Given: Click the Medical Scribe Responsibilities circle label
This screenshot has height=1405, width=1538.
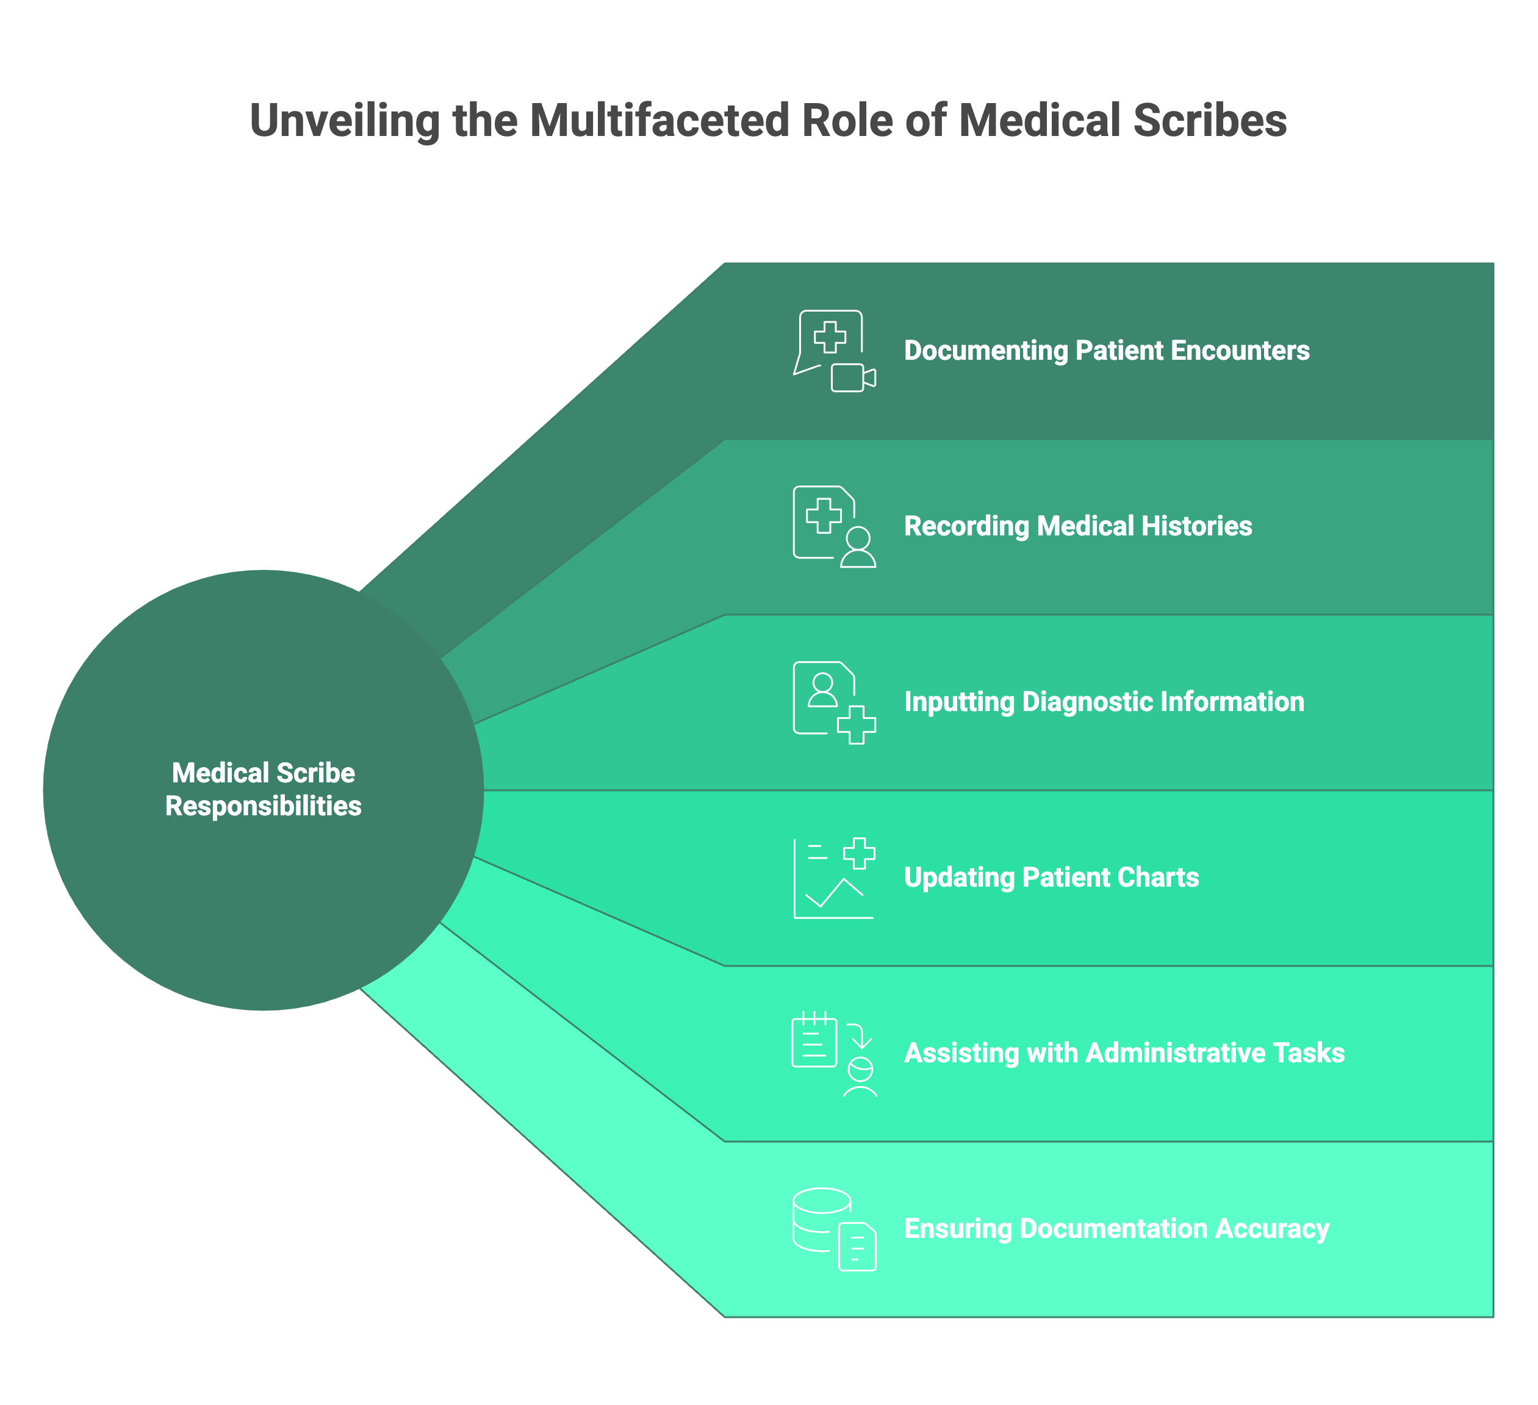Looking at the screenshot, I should (x=263, y=790).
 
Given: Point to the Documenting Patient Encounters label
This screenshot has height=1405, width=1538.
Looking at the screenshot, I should (x=1106, y=350).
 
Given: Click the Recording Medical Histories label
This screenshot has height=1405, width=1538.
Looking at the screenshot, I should (x=1077, y=526).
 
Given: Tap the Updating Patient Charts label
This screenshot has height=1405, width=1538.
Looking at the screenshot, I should (x=1051, y=877).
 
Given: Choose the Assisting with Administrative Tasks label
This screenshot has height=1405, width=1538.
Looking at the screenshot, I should (x=1124, y=1053).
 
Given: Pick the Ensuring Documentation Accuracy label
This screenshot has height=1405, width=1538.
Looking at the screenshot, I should (x=1116, y=1229).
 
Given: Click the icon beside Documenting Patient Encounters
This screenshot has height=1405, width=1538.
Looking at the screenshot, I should (x=834, y=351).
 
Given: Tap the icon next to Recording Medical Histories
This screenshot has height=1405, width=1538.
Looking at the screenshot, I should (x=834, y=526).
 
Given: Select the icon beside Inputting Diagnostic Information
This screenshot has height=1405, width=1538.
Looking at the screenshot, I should (x=834, y=702).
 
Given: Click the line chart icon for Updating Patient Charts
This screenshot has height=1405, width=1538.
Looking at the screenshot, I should (x=833, y=879).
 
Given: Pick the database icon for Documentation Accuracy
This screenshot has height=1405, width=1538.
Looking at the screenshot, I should (x=822, y=1219).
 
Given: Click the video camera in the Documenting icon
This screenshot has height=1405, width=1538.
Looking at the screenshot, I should (x=852, y=377).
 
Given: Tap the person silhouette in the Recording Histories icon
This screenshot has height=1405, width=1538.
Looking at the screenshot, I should (x=858, y=547).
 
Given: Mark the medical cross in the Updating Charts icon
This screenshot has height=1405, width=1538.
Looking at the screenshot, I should (x=859, y=853).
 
